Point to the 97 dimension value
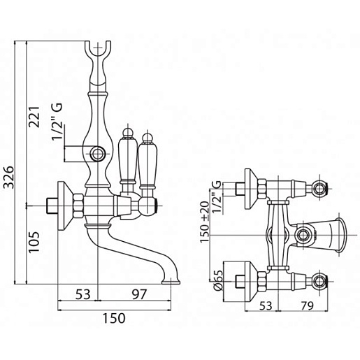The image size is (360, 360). click(139, 294)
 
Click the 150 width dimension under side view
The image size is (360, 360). click(114, 318)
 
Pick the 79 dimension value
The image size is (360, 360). click(307, 305)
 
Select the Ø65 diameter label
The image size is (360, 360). click(218, 280)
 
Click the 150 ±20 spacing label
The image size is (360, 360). click(205, 222)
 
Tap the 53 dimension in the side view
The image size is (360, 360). click(82, 294)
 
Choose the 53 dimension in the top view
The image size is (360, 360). click(266, 305)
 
